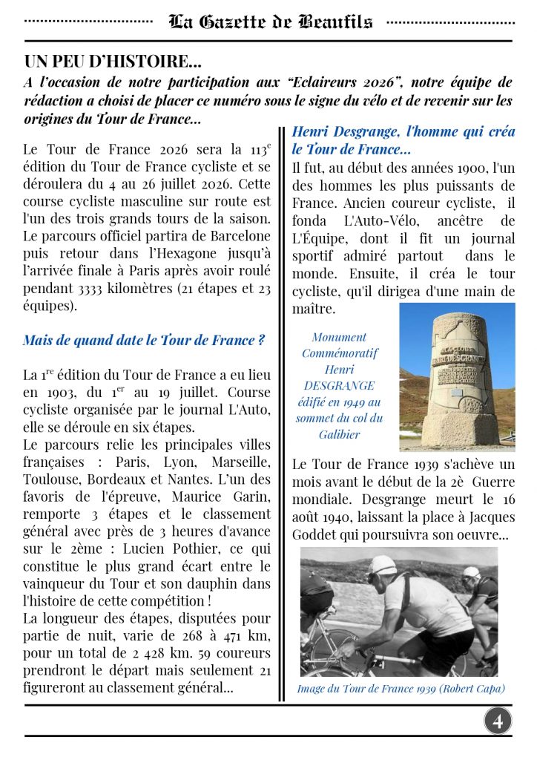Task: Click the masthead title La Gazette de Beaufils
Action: click(271, 22)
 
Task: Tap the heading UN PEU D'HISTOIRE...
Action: click(113, 61)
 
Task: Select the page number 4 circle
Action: click(498, 721)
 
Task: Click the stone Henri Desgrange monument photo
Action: click(457, 376)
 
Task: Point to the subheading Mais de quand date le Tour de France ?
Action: click(144, 341)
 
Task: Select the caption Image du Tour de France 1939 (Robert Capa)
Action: click(401, 689)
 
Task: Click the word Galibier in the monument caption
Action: click(340, 434)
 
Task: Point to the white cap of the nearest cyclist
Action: click(383, 564)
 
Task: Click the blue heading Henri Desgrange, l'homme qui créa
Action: click(403, 132)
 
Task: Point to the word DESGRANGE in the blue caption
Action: click(340, 385)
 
